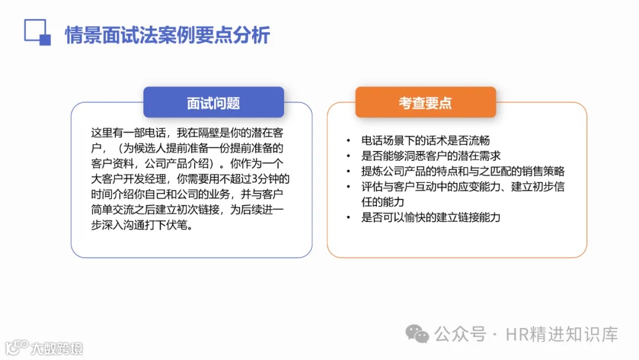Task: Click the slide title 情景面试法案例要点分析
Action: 167,35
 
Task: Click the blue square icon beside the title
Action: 37,32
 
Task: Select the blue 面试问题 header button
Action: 214,102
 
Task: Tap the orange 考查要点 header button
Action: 425,102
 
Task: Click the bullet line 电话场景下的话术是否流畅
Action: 425,140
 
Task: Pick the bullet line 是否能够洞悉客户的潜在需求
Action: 431,156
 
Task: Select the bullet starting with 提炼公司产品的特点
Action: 463,171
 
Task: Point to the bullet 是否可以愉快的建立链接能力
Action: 431,217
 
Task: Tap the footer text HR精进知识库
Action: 562,335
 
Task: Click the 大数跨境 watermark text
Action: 57,348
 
